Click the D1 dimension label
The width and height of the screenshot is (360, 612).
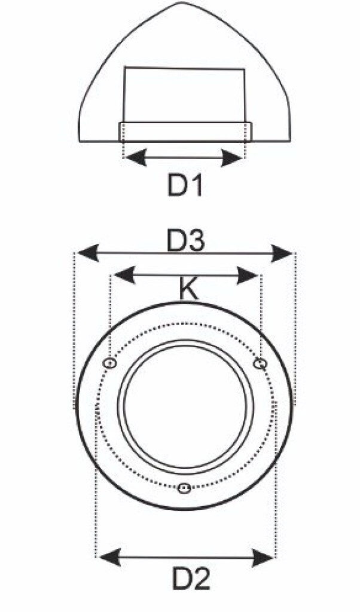[x=185, y=185]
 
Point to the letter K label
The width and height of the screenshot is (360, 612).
[x=188, y=289]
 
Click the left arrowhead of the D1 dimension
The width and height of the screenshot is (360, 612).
[x=135, y=158]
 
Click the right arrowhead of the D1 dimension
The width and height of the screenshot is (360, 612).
[x=232, y=158]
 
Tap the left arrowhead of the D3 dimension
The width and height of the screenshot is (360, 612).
[x=88, y=253]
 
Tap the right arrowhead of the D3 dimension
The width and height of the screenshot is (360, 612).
[x=282, y=253]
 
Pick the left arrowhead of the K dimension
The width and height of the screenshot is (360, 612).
[x=124, y=275]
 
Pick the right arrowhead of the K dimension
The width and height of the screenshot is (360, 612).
[x=247, y=275]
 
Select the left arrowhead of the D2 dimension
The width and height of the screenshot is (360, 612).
[x=110, y=558]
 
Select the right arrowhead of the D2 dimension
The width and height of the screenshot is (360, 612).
[x=263, y=558]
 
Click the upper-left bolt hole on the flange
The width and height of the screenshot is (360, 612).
[x=109, y=363]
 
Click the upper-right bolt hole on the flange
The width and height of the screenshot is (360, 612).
[x=260, y=364]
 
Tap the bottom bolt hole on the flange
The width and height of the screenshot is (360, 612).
[x=184, y=488]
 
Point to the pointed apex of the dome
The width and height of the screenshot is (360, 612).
[x=182, y=3]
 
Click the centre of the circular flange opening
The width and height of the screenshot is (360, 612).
[x=185, y=406]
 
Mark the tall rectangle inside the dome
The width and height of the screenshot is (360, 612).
[x=184, y=95]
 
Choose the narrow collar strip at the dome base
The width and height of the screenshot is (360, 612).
[x=185, y=131]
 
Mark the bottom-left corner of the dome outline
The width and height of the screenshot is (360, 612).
[x=80, y=141]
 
